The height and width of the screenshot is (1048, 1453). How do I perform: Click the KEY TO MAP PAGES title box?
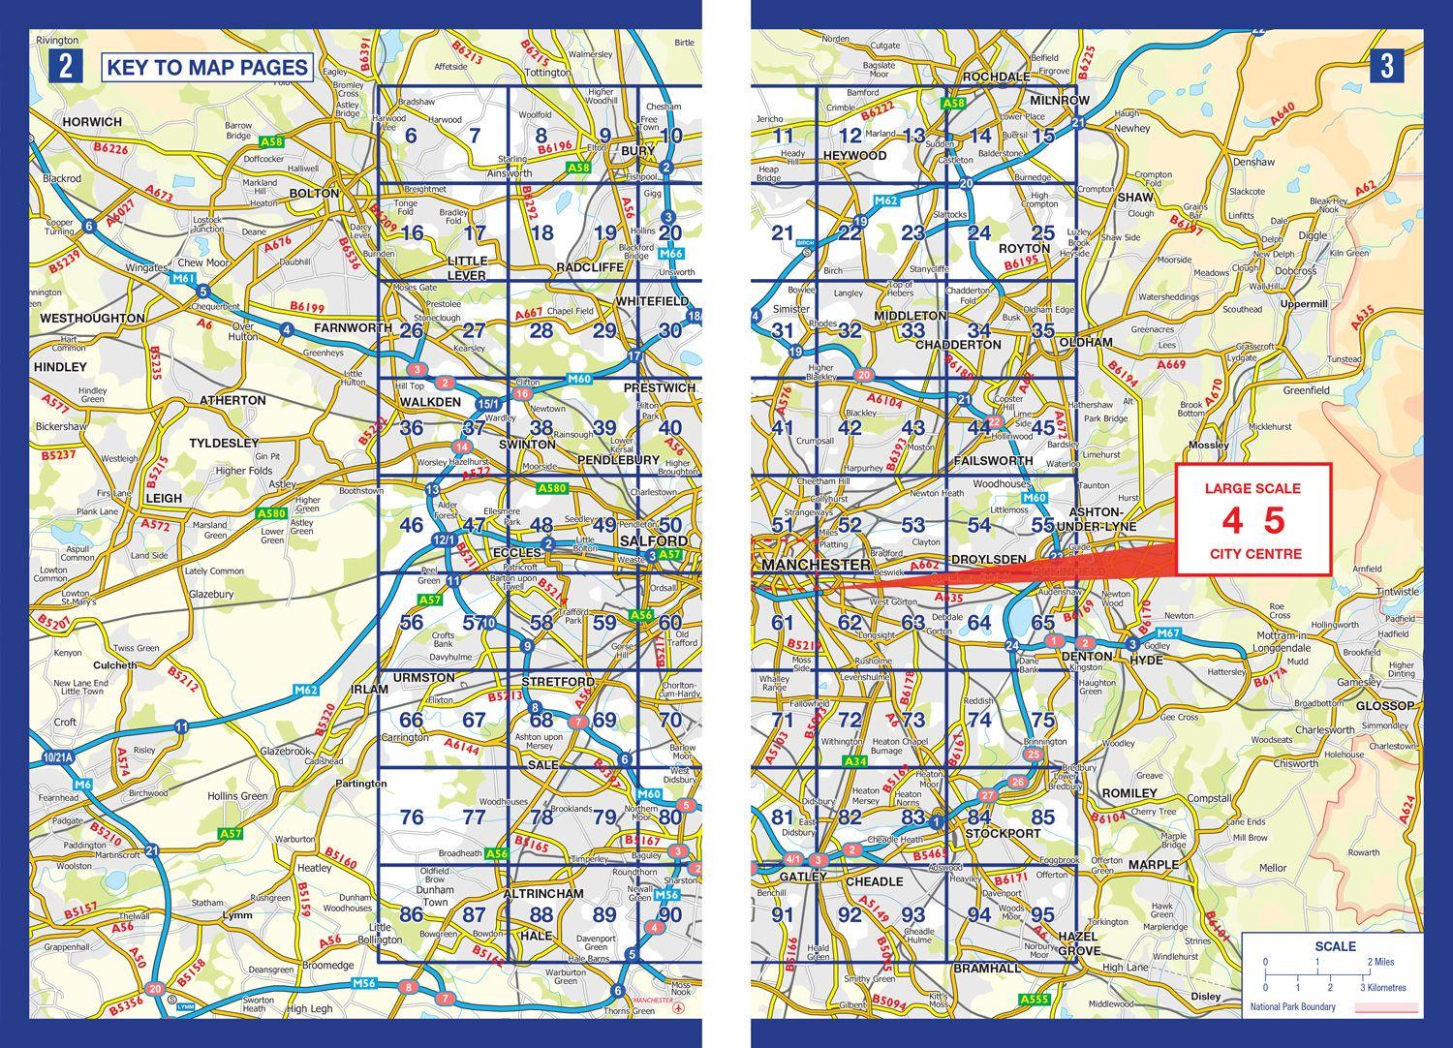point(206,68)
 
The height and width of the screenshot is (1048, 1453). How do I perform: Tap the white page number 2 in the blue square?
point(65,67)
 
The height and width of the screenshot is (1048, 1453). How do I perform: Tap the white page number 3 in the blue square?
point(1387,67)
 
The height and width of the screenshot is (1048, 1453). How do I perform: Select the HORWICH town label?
point(92,122)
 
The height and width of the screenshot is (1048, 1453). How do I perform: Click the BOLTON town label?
point(315,194)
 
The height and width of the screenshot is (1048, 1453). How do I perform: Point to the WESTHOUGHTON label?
point(92,318)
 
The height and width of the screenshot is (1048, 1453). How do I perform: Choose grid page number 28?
point(541,331)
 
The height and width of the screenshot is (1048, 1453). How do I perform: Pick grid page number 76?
point(412,817)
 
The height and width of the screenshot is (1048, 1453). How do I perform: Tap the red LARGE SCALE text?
point(1252,488)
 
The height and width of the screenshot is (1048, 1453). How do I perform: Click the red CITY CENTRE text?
point(1255,554)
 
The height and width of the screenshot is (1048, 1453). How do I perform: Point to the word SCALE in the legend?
point(1336,946)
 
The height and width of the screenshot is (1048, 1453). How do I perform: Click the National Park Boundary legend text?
point(1292,1007)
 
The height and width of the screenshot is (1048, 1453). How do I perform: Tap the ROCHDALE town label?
point(995,77)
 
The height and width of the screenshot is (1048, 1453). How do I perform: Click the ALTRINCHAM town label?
point(543,893)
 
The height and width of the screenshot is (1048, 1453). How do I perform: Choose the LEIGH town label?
point(163,498)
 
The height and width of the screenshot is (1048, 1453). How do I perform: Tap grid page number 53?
point(912,525)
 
